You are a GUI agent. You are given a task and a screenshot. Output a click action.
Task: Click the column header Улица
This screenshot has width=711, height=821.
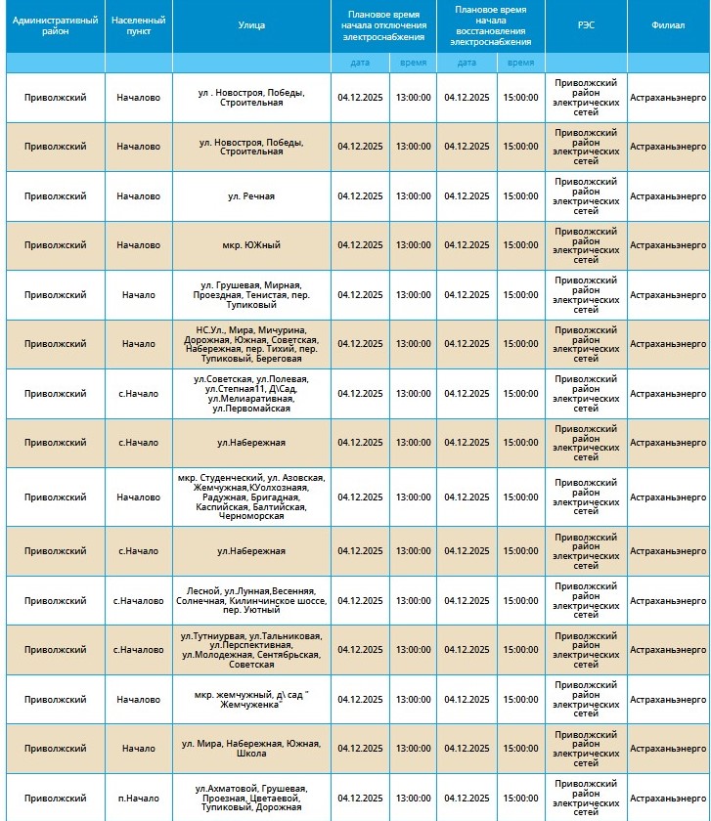251,25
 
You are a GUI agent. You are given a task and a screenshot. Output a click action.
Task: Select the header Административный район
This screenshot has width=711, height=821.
56,25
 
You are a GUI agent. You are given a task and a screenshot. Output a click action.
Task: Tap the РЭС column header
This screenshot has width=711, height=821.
586,25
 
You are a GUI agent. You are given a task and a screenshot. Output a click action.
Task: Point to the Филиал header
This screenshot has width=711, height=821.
668,25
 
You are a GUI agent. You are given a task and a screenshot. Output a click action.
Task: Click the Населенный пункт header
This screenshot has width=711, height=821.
139,25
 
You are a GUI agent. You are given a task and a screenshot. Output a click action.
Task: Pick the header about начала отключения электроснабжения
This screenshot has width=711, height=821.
383,25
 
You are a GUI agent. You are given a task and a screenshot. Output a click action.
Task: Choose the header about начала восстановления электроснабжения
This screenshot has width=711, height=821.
491,25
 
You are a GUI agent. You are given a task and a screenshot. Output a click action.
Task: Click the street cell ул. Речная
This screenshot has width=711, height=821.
251,196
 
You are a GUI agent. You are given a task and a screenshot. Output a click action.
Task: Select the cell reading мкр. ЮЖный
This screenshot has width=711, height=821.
251,245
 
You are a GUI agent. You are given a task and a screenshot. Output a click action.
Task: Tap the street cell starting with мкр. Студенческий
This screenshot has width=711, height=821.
251,497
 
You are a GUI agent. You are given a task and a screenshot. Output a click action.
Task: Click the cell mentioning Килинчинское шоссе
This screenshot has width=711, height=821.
251,600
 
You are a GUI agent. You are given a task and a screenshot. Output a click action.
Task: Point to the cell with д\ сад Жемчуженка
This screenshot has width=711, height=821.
251,699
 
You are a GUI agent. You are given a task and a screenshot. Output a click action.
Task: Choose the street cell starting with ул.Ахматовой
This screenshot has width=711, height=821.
251,798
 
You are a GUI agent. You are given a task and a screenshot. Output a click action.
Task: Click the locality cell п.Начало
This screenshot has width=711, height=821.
139,798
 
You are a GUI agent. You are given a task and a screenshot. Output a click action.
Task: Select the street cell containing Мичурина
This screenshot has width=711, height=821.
251,343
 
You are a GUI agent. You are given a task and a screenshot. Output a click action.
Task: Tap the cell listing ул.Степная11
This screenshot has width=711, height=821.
251,393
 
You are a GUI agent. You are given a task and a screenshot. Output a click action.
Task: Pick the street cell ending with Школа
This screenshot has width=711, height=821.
251,749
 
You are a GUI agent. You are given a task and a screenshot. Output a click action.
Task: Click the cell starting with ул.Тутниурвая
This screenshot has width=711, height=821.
251,650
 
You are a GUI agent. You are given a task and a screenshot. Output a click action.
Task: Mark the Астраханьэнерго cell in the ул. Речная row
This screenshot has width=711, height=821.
668,196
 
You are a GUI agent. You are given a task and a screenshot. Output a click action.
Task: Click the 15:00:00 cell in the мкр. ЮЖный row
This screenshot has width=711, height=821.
520,245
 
